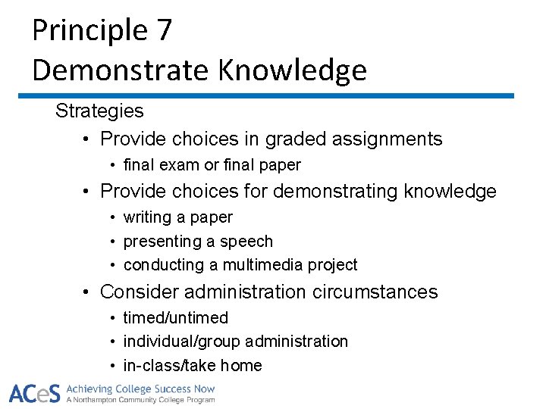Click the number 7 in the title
point(163,31)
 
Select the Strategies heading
point(99,111)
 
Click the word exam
point(177,165)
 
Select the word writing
point(148,217)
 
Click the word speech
point(246,242)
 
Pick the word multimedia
point(265,265)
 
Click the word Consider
point(139,292)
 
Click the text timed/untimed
point(175,318)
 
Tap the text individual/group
point(182,342)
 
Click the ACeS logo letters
point(35,394)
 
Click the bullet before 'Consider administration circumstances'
point(88,292)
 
